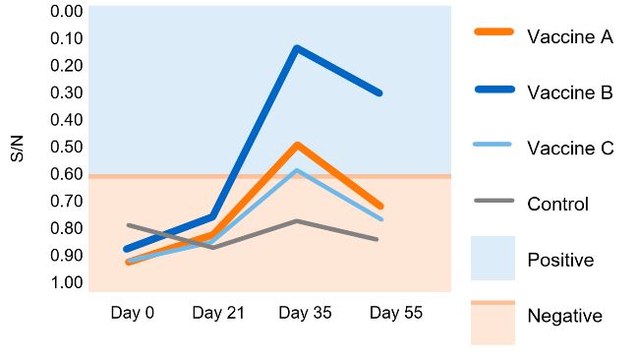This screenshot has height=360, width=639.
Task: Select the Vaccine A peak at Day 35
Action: point(297,145)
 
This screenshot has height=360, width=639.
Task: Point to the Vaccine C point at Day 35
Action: point(297,170)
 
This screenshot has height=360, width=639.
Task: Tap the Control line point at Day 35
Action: point(297,220)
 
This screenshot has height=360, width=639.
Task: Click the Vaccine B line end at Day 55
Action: point(379,93)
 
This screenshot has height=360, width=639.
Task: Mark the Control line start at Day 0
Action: point(129,225)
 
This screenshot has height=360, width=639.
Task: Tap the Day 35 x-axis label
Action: point(305,314)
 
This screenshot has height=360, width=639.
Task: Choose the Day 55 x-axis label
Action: point(395,314)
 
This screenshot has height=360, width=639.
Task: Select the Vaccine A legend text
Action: point(570,37)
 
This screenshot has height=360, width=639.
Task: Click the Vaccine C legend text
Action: point(570,149)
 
